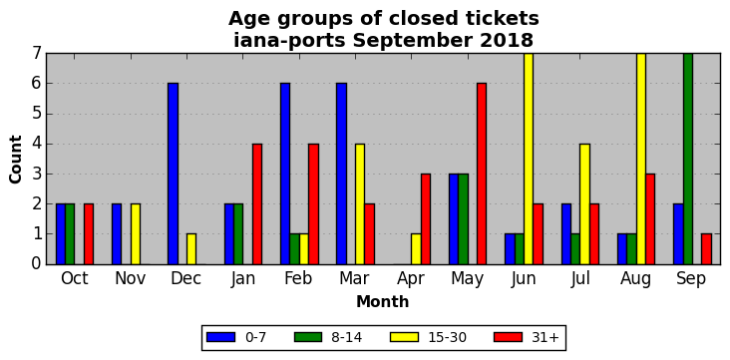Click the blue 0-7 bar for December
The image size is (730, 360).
pos(174,174)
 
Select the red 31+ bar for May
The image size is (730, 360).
pos(482,174)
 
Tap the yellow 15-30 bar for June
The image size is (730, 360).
pos(529,159)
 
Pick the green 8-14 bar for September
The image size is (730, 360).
pos(688,159)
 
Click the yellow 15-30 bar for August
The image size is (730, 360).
pos(640,159)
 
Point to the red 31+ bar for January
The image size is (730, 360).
pos(257,204)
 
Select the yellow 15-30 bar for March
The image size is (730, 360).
pos(360,204)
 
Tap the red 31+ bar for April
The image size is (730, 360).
pos(426,219)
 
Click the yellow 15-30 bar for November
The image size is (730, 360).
pos(136,234)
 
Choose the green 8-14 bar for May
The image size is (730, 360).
pos(463,219)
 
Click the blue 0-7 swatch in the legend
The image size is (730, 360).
pos(220,337)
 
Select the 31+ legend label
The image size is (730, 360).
pos(545,338)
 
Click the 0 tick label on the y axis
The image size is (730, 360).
pos(37,264)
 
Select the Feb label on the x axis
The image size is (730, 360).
pos(298,278)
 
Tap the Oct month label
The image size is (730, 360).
pos(75,278)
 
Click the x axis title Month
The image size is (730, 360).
pos(383,302)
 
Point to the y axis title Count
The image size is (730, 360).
pos(15,160)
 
